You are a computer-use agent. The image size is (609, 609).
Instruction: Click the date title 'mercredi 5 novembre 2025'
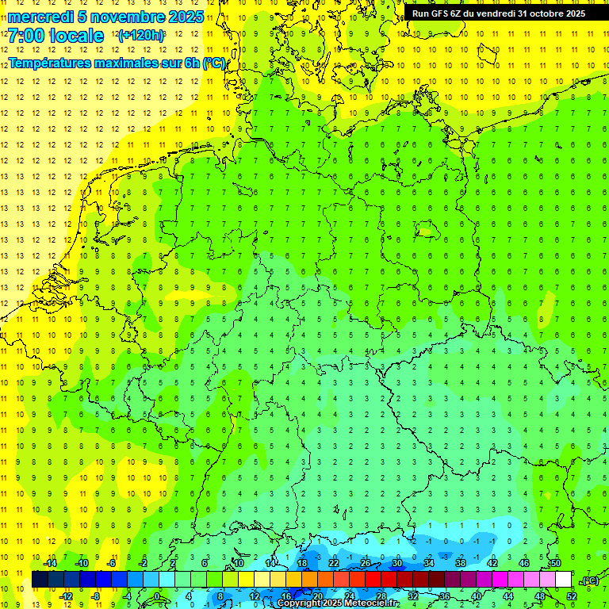(x=106, y=17)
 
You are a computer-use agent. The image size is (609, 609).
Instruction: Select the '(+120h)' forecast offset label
(x=141, y=36)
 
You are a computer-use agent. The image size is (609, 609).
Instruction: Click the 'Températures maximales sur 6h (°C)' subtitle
(x=117, y=63)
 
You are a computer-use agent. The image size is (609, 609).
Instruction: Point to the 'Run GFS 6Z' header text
(x=443, y=13)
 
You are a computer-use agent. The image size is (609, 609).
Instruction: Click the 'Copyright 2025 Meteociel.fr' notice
(x=338, y=603)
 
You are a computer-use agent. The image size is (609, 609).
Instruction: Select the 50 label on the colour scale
(x=556, y=563)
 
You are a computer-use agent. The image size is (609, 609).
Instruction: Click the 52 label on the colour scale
(x=572, y=596)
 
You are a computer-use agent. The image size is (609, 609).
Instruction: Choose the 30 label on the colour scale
(x=397, y=563)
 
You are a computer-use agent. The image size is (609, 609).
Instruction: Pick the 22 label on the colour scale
(x=334, y=563)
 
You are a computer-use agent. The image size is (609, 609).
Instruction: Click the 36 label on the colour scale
(x=445, y=596)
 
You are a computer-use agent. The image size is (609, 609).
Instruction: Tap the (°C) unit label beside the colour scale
(x=590, y=580)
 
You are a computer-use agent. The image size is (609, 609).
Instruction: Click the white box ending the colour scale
(x=563, y=580)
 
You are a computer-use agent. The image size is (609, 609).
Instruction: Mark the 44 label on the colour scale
(x=508, y=596)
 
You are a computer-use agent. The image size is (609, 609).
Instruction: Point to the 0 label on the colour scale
(x=157, y=596)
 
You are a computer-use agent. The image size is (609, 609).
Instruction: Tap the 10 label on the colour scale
(x=239, y=563)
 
